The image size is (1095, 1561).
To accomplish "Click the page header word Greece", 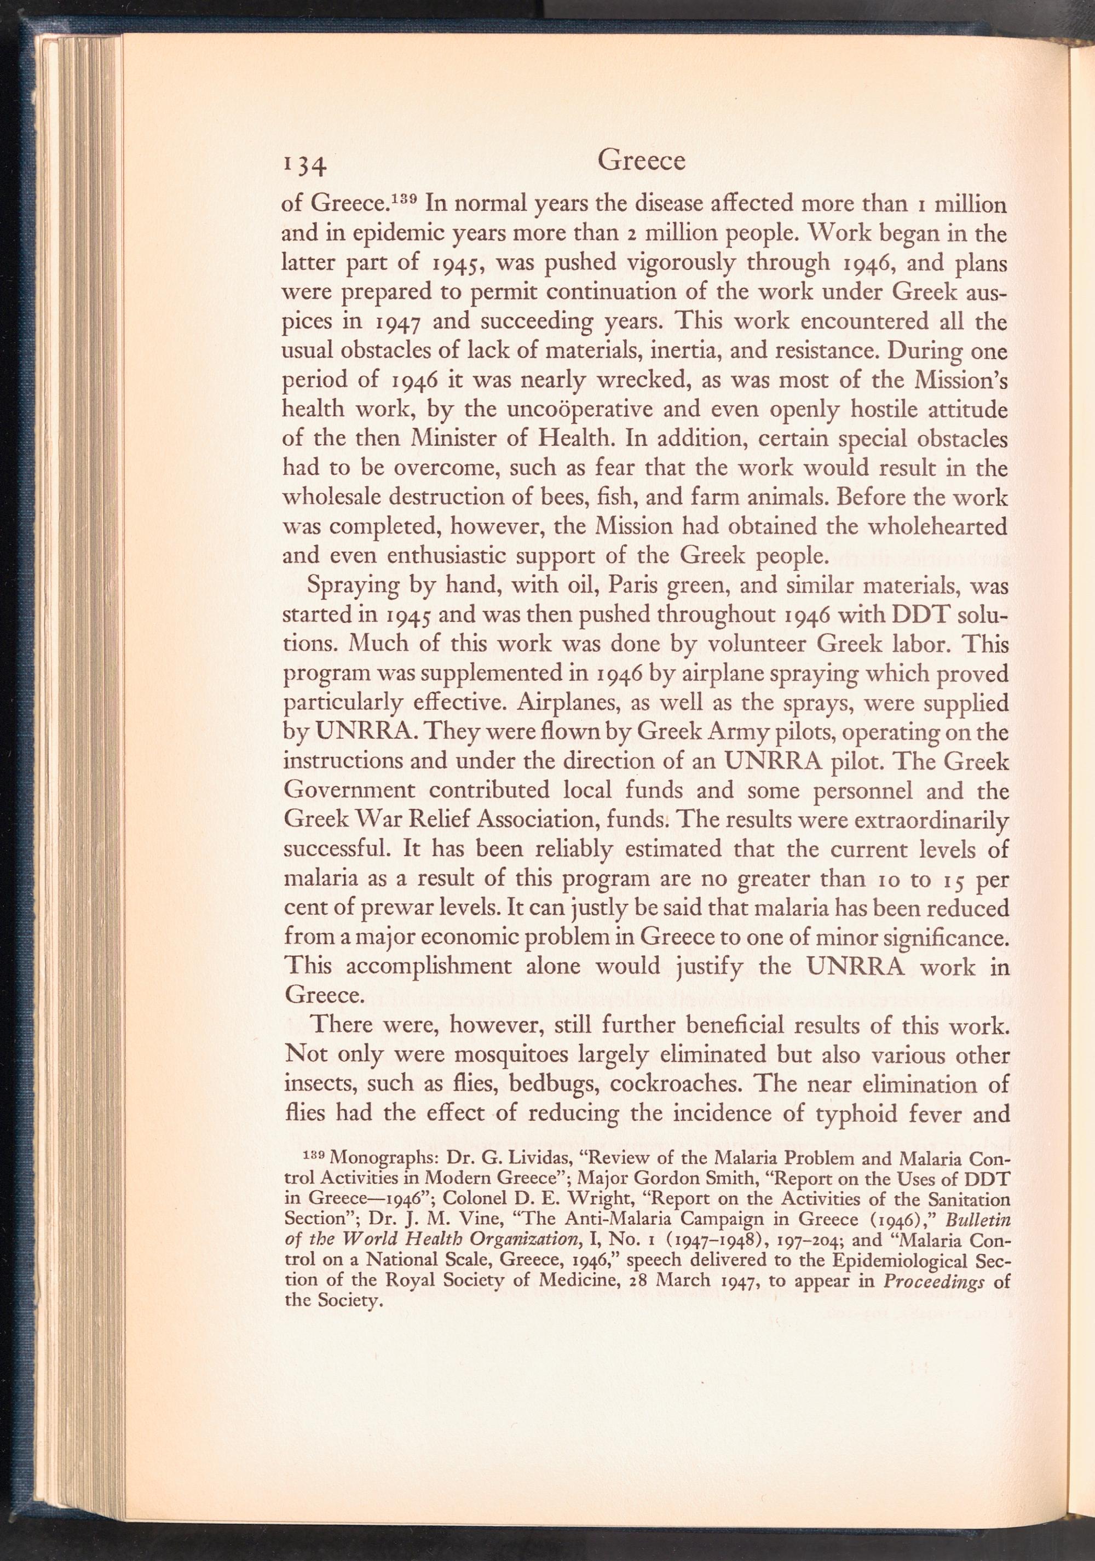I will click(640, 161).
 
